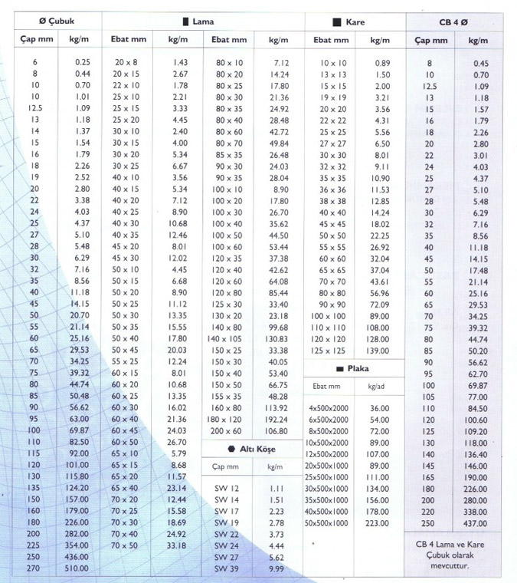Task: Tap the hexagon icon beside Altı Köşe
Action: (231, 449)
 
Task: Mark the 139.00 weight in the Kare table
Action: (378, 350)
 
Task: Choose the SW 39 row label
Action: (225, 568)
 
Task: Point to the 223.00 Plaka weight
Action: (378, 523)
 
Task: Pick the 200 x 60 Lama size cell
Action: (227, 431)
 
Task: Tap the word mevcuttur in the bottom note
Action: (456, 567)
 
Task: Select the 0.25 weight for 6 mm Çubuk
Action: (83, 62)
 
